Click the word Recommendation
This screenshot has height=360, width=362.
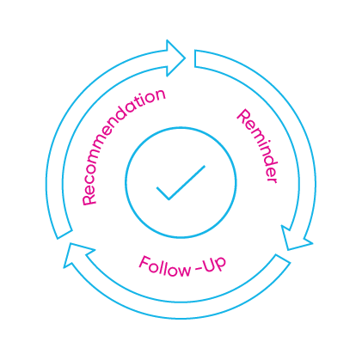117,143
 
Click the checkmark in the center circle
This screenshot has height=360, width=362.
181,183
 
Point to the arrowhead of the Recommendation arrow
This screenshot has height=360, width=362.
175,58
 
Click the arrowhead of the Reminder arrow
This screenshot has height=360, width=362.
296,239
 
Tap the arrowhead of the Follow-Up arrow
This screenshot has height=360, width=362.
77,253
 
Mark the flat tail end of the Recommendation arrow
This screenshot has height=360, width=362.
64,235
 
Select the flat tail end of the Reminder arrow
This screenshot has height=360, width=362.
195,58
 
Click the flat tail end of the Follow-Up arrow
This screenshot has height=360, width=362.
283,259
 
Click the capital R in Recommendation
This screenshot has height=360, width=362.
89,199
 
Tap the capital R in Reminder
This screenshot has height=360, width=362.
243,116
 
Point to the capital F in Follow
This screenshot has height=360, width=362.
144,262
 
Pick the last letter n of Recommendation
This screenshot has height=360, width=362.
160,95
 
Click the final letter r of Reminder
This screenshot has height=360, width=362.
273,179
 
